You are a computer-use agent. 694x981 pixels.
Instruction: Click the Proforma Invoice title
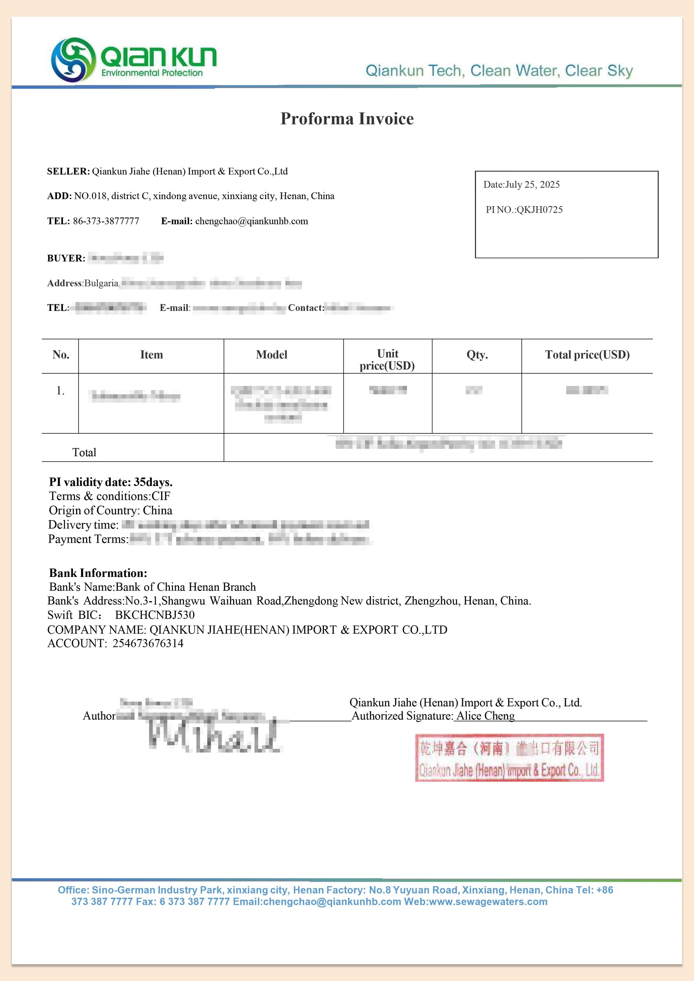point(347,119)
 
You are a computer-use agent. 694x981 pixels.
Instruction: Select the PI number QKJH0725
point(539,210)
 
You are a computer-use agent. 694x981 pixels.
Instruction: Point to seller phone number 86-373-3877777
point(106,221)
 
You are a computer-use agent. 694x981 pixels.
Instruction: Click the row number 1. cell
point(60,391)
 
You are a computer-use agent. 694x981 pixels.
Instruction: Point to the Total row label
point(84,452)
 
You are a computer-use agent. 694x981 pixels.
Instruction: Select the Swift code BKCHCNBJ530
point(155,615)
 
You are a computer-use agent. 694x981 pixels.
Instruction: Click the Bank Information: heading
point(98,573)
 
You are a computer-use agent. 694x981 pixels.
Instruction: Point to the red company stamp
point(509,758)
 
